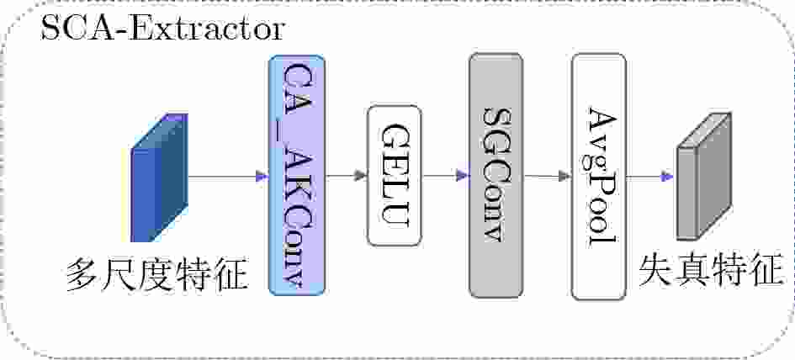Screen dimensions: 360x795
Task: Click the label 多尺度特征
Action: click(157, 276)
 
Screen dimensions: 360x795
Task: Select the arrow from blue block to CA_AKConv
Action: click(223, 177)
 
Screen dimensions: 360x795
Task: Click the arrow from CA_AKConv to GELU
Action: click(346, 176)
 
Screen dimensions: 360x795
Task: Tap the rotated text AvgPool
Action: click(599, 177)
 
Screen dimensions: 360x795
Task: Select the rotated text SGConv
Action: click(496, 174)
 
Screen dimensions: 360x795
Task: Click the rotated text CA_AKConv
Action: click(298, 174)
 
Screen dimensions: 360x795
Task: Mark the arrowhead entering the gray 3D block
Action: click(668, 177)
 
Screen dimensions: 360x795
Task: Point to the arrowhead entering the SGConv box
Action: click(462, 176)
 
